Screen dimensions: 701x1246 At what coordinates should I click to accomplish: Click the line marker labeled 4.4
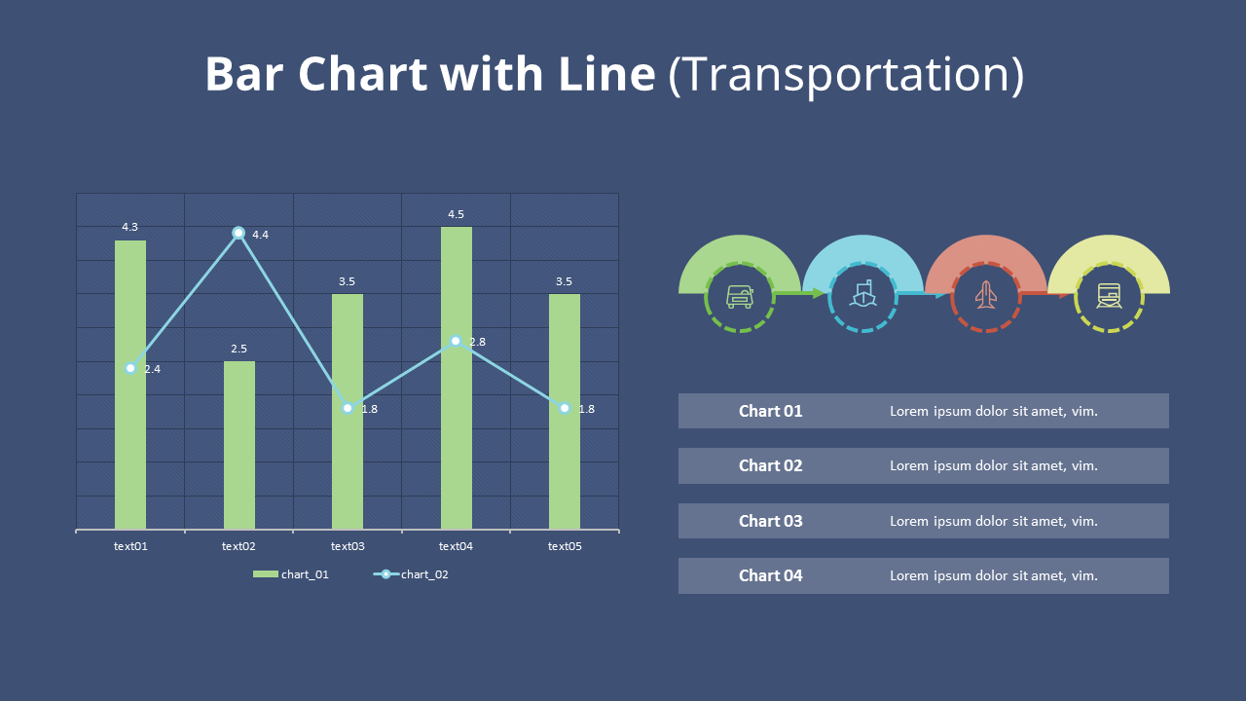238,233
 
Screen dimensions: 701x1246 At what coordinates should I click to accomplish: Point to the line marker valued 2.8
456,341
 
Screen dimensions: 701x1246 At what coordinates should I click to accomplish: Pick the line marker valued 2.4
130,368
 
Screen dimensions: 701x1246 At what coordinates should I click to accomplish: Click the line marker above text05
565,408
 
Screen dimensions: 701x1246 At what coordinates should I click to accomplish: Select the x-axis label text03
348,546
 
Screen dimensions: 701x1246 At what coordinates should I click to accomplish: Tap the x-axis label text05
565,546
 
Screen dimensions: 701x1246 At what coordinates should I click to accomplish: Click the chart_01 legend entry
291,574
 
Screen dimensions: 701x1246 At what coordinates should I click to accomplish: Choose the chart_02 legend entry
412,574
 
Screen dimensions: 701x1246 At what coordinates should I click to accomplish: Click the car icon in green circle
740,296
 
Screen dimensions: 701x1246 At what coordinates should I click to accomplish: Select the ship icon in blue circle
862,294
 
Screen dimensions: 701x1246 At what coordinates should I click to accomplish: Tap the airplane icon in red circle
986,294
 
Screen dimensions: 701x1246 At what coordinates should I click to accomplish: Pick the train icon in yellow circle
1109,295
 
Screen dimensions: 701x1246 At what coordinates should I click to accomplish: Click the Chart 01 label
770,411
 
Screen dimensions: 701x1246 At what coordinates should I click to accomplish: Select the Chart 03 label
770,521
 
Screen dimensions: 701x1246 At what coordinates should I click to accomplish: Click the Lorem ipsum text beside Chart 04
993,575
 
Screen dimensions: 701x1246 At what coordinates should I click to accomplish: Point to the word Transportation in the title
846,75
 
